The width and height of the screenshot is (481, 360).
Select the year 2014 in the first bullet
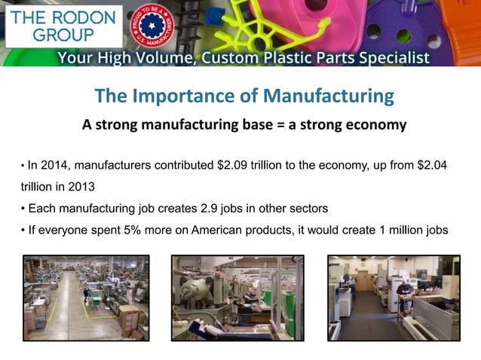[x=56, y=165]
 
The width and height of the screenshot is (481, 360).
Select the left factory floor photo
[x=86, y=297]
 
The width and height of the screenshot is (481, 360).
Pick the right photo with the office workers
[x=393, y=297]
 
